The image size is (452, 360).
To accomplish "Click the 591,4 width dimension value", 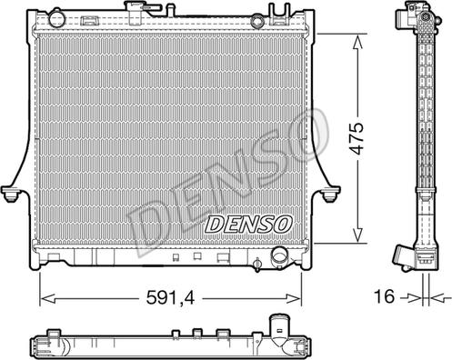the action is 170,297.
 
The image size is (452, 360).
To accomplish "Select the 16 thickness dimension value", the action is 384,296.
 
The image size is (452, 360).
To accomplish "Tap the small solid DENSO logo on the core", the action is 249,225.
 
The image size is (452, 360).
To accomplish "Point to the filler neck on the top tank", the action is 135,13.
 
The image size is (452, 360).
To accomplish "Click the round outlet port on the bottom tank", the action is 280,256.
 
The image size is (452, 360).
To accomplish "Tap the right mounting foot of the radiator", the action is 330,194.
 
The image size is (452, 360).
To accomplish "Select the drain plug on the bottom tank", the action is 257,265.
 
